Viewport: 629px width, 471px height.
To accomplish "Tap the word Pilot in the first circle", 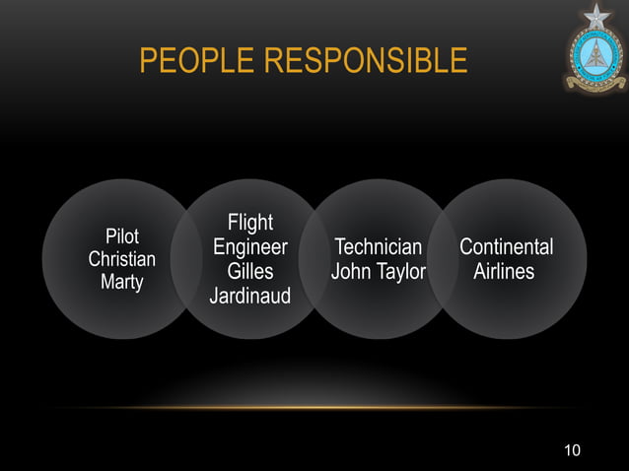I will coord(122,236).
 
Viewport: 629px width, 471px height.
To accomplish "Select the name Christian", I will coord(122,259).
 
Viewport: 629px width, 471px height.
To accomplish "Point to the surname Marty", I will coord(122,282).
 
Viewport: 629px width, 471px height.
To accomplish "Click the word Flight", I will coord(250,223).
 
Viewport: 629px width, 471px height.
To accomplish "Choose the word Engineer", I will coord(250,246).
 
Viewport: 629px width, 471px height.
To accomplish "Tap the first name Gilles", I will coord(250,270).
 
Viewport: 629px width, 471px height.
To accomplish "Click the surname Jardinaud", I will coord(250,294).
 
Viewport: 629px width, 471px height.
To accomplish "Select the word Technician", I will coord(379,246).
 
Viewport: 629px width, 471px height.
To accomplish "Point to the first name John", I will coord(351,270).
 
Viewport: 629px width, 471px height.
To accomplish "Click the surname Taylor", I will coord(399,271).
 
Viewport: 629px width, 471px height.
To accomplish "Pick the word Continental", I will coord(506,246).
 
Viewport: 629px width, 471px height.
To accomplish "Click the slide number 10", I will coord(572,450).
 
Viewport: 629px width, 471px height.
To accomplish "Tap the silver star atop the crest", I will coord(596,16).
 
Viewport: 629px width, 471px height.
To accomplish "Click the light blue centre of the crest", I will coord(595,59).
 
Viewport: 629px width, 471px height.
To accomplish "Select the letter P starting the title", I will coord(147,62).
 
